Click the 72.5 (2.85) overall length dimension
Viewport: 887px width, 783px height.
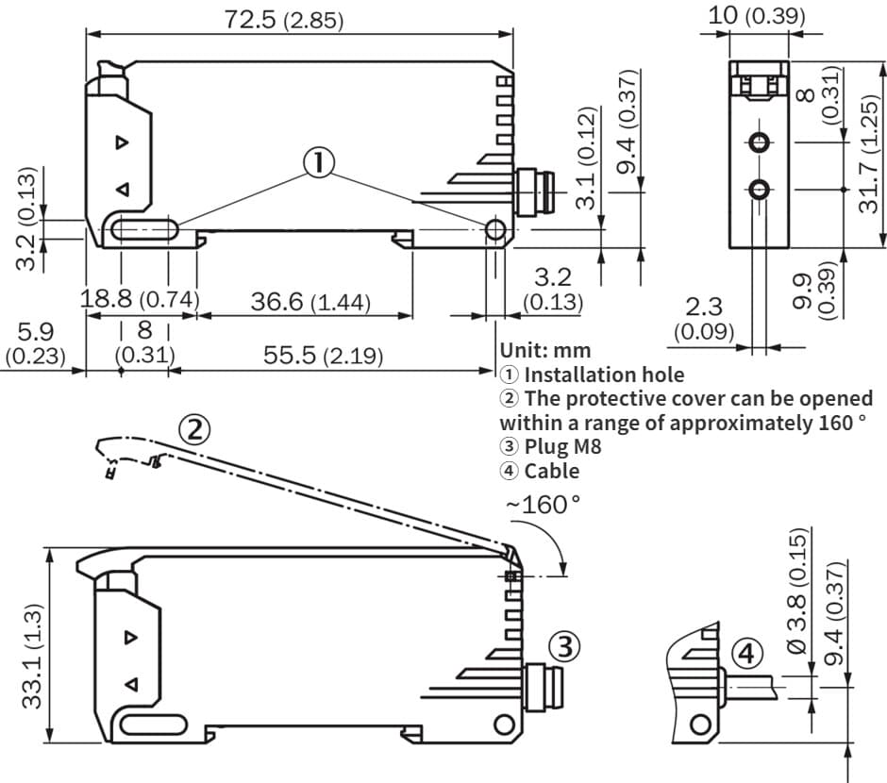tap(284, 20)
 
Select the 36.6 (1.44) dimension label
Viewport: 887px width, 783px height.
tap(310, 303)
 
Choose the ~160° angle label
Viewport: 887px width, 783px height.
tap(543, 504)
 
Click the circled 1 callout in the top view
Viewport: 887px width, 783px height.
tap(318, 163)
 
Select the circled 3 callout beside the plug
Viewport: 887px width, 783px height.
tap(563, 646)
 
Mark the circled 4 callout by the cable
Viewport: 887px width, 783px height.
tap(746, 653)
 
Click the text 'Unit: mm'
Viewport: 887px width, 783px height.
tap(544, 350)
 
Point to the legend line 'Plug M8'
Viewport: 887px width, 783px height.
tap(550, 446)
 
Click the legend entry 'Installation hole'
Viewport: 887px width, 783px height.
tap(592, 374)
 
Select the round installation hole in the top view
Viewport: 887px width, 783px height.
tap(494, 231)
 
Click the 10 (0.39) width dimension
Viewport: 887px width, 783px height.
tap(757, 15)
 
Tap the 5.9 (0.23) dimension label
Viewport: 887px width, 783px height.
tap(35, 344)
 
